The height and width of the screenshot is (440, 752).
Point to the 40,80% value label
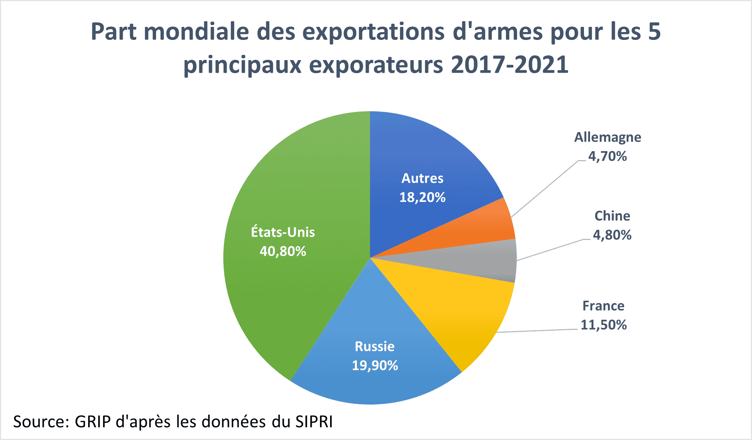pos(283,251)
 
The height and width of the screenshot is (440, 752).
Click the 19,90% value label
pos(375,365)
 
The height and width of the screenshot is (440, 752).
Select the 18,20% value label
pos(422,197)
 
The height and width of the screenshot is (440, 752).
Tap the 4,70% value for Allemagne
pos(607,156)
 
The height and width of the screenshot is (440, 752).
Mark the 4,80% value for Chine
pos(612,235)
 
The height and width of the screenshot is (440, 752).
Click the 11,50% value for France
pos(603,325)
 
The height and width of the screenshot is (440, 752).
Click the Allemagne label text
pos(607,137)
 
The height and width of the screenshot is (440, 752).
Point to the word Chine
pos(612,216)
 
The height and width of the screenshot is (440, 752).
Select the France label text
pos(603,306)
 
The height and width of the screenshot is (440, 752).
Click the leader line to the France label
pos(538,331)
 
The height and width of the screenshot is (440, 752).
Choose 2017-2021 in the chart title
pos(509,65)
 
